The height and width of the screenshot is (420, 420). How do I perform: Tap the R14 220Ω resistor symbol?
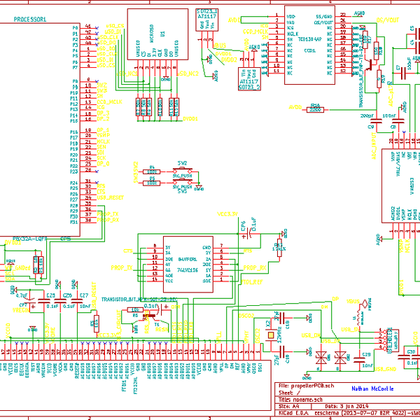315,108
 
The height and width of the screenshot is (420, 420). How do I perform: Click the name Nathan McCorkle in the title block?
372,388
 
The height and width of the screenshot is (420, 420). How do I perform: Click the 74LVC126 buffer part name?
188,269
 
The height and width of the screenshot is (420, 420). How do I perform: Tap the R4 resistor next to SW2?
152,171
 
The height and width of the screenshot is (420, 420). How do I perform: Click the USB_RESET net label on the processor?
111,197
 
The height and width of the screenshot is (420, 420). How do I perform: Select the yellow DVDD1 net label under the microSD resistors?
190,119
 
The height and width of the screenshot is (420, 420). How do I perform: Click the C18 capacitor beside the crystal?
288,325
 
